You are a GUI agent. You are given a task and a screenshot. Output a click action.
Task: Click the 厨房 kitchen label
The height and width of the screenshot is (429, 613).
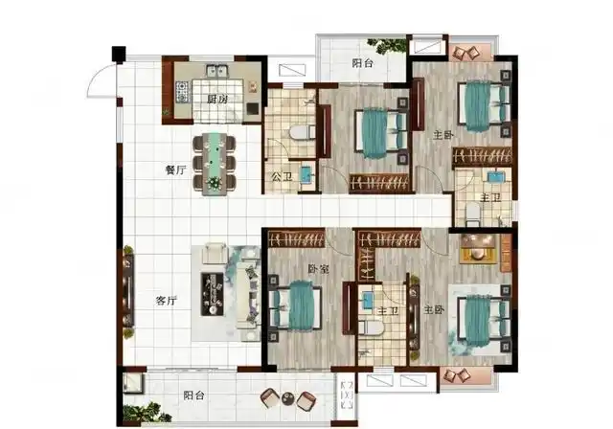217,100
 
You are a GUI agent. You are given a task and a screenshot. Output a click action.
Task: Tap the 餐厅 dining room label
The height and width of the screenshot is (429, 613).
176,169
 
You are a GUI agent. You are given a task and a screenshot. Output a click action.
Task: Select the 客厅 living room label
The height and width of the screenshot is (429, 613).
167,301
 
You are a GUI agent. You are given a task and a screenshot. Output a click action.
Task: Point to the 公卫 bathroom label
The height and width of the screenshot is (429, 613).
282,177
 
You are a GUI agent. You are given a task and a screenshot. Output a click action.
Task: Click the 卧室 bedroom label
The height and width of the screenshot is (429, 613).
318,269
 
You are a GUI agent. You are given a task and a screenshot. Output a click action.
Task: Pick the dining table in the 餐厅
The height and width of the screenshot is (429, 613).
214,164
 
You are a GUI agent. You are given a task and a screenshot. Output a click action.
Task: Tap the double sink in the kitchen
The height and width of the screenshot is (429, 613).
217,71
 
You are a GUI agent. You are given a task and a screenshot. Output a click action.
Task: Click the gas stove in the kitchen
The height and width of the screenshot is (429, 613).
182,92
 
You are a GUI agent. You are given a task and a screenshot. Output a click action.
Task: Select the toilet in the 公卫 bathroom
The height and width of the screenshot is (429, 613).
302,132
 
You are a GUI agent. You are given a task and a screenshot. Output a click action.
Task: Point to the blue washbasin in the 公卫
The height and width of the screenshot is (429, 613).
306,174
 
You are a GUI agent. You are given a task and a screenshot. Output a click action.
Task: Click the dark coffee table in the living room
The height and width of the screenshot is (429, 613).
213,294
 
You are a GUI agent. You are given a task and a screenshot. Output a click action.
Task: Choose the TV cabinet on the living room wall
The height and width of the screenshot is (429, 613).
128,291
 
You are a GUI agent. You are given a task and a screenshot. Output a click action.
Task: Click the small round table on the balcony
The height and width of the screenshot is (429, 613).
288,398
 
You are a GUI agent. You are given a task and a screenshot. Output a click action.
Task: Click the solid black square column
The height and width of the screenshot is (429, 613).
119,54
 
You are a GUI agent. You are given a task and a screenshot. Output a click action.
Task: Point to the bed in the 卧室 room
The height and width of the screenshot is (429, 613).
297,305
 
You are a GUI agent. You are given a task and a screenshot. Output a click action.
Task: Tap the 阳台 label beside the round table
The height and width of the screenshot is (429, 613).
193,395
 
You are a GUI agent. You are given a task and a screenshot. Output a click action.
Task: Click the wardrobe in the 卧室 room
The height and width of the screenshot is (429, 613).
297,238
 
